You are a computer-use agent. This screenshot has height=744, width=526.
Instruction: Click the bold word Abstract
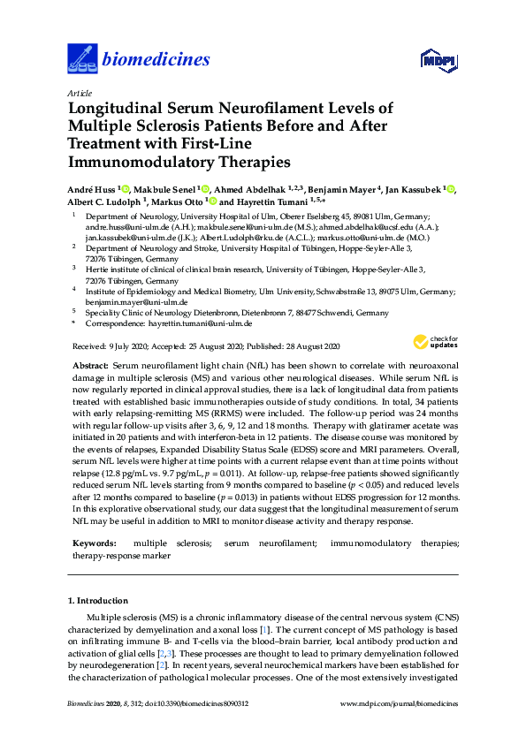pyautogui.click(x=88, y=366)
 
